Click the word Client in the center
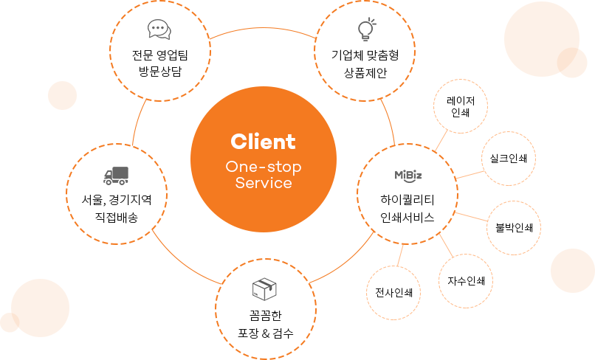click(x=263, y=141)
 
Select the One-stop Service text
click(x=264, y=175)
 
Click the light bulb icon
click(x=365, y=30)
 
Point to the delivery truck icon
click(x=116, y=176)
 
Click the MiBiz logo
click(x=407, y=175)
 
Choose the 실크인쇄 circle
click(x=509, y=159)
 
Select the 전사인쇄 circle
click(x=393, y=291)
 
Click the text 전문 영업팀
click(x=159, y=54)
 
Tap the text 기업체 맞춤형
click(x=365, y=54)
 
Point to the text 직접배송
click(x=116, y=217)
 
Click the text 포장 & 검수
click(x=266, y=333)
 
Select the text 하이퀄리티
click(x=407, y=199)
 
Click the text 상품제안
click(x=365, y=72)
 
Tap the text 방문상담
click(x=159, y=72)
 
